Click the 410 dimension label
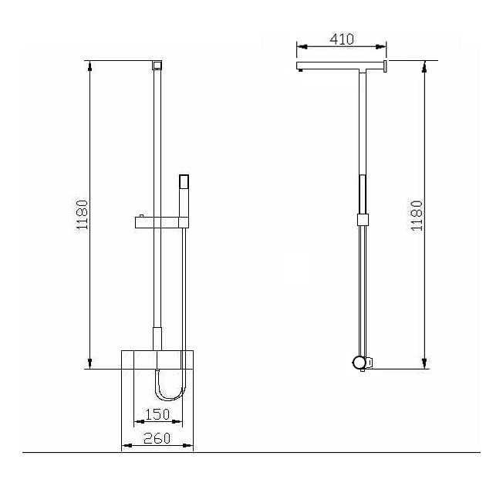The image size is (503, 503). (x=343, y=39)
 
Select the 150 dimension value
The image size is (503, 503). (x=157, y=414)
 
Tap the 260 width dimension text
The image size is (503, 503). (x=157, y=439)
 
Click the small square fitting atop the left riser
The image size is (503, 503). (x=157, y=64)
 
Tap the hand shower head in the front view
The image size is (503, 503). (x=184, y=183)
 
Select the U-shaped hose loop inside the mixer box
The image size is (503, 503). (x=170, y=385)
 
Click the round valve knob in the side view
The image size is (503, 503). (x=359, y=362)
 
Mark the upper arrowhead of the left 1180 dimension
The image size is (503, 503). (x=92, y=66)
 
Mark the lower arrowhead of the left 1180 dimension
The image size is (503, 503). (x=92, y=363)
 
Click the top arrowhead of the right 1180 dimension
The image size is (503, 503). (x=424, y=66)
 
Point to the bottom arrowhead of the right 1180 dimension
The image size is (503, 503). (x=424, y=363)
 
